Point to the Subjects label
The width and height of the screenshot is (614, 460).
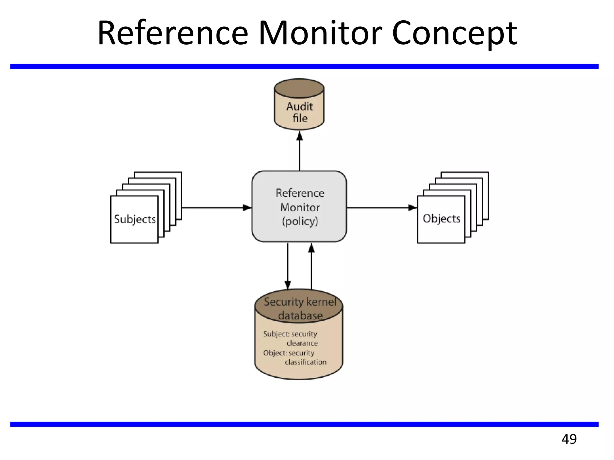point(135,219)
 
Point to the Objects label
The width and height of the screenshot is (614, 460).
point(441,219)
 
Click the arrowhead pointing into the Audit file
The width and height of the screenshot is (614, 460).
point(300,136)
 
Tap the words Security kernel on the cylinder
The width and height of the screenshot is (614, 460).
point(300,302)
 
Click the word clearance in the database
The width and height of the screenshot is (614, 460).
point(302,343)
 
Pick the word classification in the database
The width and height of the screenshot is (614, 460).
point(306,362)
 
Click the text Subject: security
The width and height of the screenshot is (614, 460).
point(290,334)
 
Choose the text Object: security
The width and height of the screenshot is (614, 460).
point(289,353)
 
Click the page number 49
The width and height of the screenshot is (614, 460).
point(569,439)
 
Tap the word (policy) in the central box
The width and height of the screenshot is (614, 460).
point(300,221)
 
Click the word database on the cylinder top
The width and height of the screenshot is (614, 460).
point(300,315)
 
